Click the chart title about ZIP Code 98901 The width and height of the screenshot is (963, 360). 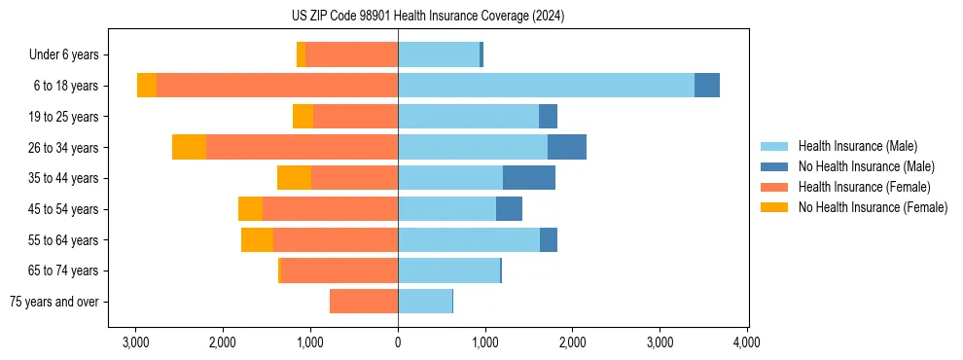(x=481, y=16)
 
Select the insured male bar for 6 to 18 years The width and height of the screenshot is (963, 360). (x=546, y=86)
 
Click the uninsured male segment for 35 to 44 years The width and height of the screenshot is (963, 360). (x=529, y=178)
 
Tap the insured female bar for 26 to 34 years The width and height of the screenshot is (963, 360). (x=302, y=147)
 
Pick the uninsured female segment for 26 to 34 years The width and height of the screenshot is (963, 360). (x=189, y=147)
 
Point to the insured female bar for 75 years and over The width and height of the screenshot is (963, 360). (x=364, y=302)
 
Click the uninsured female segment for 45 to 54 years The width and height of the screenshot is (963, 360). (x=250, y=209)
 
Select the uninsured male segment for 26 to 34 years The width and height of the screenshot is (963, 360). (x=567, y=147)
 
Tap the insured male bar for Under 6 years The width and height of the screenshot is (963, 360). (x=439, y=54)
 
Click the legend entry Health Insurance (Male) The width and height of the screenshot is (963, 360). (x=857, y=146)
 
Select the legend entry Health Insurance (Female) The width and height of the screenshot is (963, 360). (x=864, y=187)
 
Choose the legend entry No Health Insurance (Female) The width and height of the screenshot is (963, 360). (x=873, y=207)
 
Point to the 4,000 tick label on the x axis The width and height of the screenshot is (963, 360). (x=747, y=342)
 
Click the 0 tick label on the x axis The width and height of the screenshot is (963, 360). (x=398, y=342)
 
